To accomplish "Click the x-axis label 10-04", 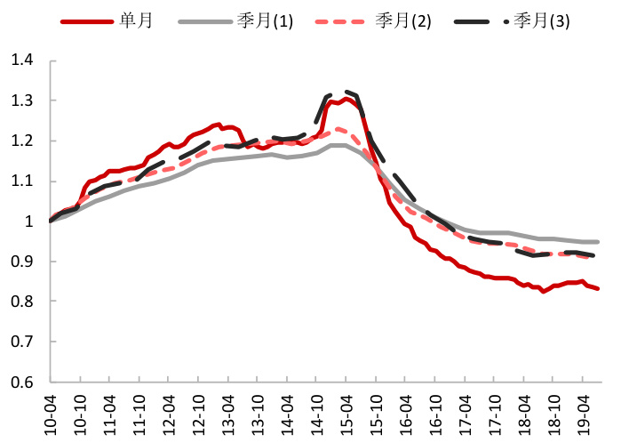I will click(x=51, y=412).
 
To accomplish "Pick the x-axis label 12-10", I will click(x=198, y=412).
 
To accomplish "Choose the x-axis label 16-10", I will click(x=434, y=412).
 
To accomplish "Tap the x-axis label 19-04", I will click(x=582, y=412).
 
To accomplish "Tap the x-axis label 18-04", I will click(x=523, y=412).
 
